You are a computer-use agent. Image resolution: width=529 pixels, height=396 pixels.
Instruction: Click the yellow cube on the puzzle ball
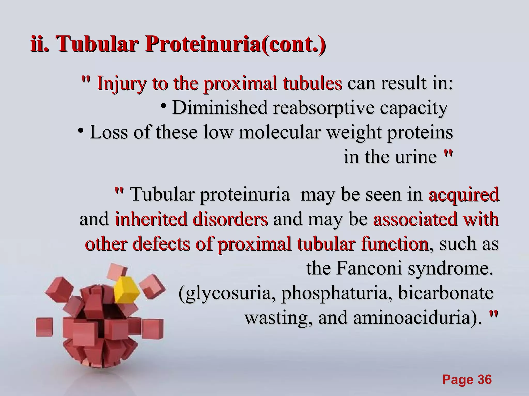point(126,289)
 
